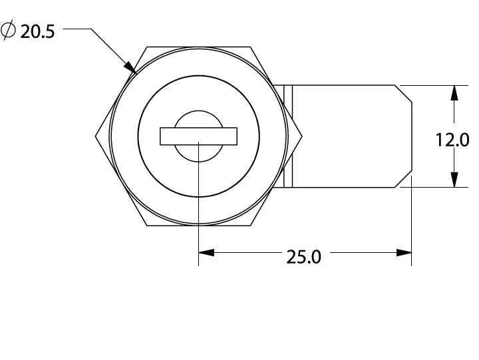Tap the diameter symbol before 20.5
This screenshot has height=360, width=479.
click(x=9, y=30)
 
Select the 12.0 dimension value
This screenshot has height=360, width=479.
click(x=453, y=140)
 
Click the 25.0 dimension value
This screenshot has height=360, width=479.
click(x=303, y=256)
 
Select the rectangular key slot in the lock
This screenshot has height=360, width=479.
click(x=198, y=136)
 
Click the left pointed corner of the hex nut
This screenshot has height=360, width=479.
click(x=96, y=136)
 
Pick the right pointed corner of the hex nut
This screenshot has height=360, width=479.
click(x=302, y=136)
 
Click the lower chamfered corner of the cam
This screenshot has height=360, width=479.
click(x=405, y=179)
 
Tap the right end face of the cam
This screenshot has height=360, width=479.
click(x=412, y=136)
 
